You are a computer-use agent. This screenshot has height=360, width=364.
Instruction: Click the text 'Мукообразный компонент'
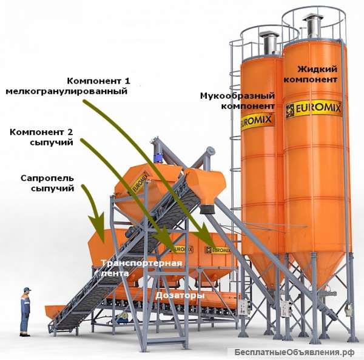coord(238,101)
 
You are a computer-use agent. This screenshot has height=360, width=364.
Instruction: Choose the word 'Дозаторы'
coord(180,295)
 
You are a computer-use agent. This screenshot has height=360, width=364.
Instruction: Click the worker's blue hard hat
coord(26,289)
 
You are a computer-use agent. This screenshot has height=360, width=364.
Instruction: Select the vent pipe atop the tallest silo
coord(313,25)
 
